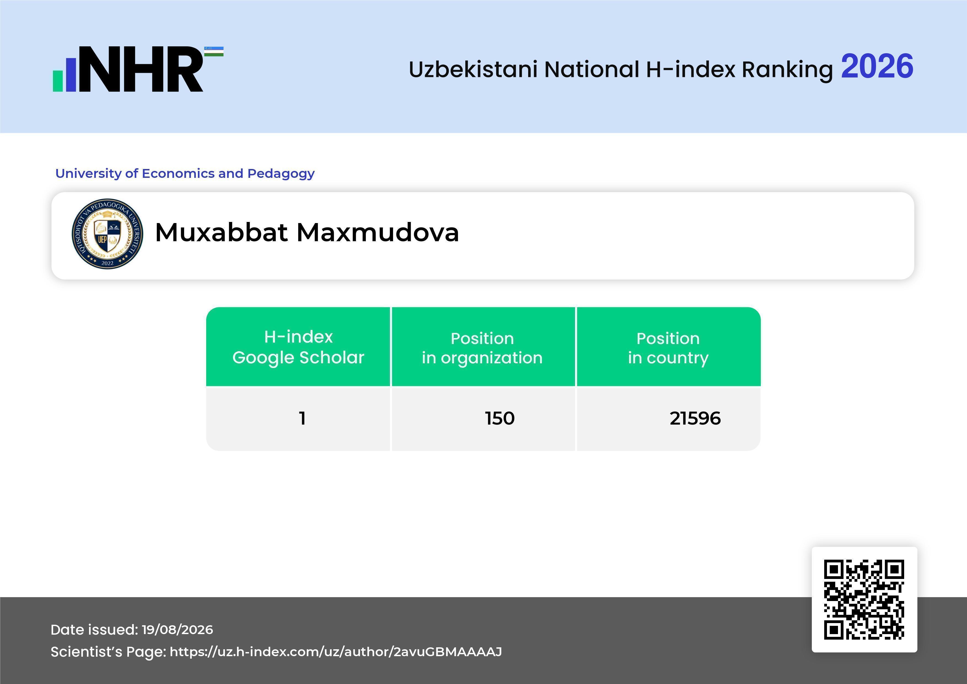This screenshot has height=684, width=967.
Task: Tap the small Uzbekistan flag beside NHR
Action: point(214,51)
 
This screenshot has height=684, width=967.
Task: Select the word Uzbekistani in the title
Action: point(473,69)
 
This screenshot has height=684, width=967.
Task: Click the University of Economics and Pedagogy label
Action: point(185,173)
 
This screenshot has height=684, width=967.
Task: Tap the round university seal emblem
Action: point(108,234)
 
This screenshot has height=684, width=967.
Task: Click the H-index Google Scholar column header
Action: point(298,347)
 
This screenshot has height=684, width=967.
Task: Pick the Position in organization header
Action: point(482,348)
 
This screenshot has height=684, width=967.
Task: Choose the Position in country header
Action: point(668,348)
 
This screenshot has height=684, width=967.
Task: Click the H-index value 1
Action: point(302,418)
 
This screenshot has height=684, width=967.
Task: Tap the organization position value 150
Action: point(499,418)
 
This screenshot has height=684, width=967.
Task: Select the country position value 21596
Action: point(695,418)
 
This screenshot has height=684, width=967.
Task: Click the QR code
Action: point(864,599)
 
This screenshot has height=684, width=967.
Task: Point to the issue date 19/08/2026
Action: point(177,630)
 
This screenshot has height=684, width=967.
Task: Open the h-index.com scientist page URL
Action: point(336,651)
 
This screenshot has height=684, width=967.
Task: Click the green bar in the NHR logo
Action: point(58,81)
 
